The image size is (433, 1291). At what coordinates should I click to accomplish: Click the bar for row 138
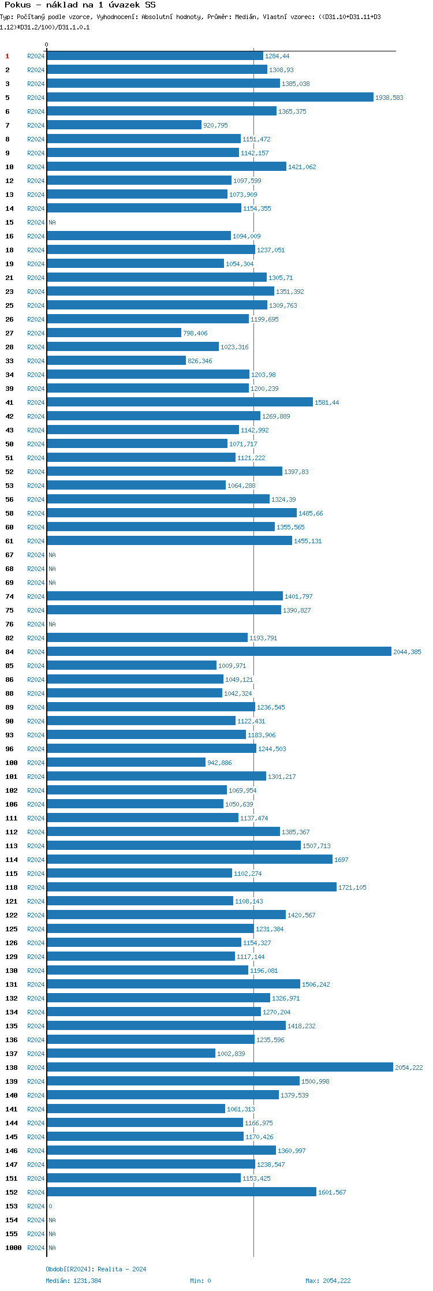click(219, 1067)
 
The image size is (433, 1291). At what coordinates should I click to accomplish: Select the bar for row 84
click(219, 651)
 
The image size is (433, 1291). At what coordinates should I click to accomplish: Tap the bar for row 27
click(114, 333)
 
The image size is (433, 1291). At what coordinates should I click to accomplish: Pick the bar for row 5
click(210, 97)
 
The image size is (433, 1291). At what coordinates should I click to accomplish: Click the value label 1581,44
click(327, 402)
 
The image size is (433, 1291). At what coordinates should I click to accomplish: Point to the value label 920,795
click(215, 125)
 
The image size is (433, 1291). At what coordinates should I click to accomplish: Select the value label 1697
click(341, 860)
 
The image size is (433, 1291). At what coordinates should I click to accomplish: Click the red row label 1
click(8, 56)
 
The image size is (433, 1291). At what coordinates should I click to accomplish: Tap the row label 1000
click(13, 1248)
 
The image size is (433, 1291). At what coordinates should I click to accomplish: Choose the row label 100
click(12, 763)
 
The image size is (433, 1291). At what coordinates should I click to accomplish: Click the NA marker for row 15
click(52, 222)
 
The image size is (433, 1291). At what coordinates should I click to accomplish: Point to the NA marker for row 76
click(52, 624)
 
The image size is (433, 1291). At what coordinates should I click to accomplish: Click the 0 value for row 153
click(50, 1206)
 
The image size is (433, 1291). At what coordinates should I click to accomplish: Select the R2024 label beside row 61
click(36, 541)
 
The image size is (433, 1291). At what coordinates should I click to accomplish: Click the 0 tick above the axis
click(47, 44)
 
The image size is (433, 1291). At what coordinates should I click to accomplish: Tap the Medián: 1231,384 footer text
click(73, 1281)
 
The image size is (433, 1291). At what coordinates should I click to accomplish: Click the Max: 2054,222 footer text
click(328, 1281)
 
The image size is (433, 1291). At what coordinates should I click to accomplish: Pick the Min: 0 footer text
click(200, 1281)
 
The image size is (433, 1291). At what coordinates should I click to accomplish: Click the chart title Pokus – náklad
click(80, 5)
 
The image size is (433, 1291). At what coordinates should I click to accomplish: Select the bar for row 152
click(181, 1192)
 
